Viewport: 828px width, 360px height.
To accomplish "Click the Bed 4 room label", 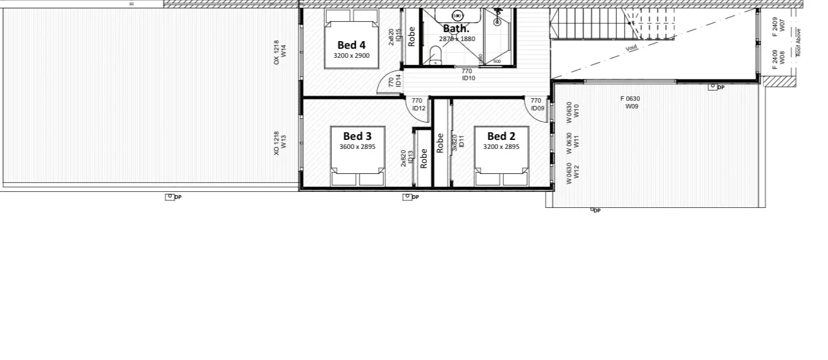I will [351, 45].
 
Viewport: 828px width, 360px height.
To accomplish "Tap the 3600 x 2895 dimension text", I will [357, 147].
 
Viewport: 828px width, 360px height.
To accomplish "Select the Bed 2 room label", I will [501, 136].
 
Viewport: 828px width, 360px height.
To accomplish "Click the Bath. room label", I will [456, 29].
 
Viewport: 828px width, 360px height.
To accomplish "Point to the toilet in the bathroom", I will [435, 60].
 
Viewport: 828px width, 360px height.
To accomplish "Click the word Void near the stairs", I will [632, 47].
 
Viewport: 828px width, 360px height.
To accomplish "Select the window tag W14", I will [283, 52].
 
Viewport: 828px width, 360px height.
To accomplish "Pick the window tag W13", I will [283, 142].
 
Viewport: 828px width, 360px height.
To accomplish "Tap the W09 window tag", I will [632, 107].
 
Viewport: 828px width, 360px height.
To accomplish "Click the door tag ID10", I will [468, 78].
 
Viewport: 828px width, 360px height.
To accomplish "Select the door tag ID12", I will [418, 108].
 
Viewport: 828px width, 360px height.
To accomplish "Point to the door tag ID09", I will [537, 108].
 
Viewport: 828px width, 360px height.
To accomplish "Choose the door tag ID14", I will [398, 81].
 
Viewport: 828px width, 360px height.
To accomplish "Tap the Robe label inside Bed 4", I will [412, 35].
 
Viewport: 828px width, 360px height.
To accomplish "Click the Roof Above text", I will [798, 42].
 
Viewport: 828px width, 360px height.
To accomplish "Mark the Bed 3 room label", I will [357, 136].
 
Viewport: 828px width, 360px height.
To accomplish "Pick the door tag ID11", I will [461, 142].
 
